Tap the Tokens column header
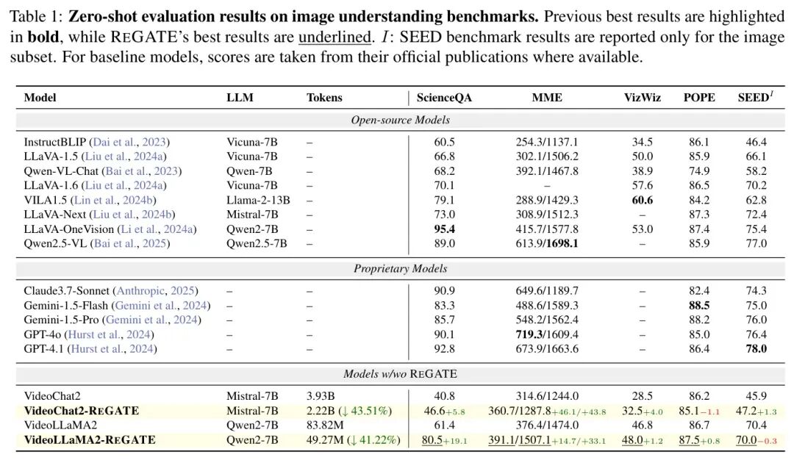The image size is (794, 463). coord(324,98)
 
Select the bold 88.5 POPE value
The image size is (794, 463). coord(698,305)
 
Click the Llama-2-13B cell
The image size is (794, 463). coord(258,200)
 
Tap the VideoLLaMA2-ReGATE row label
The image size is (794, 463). coord(90,439)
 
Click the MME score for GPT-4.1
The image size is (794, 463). coord(547,348)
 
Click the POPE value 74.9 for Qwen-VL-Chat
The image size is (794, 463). coord(698,171)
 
